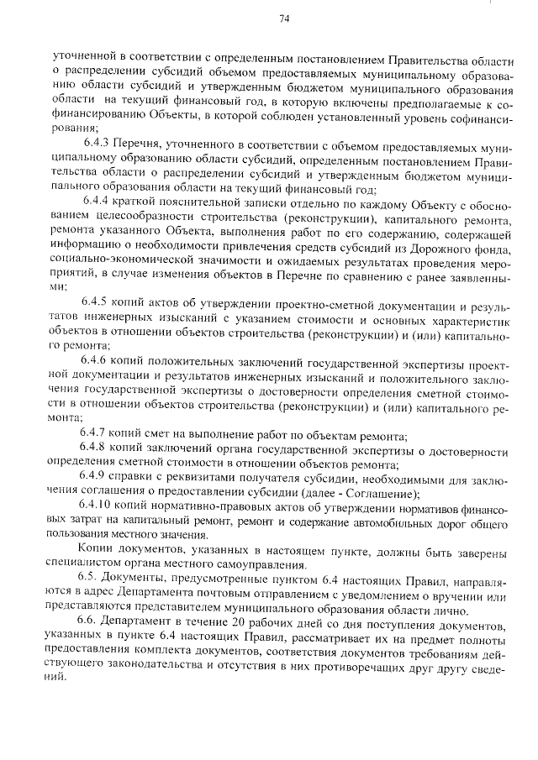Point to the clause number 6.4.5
pyautogui.click(x=99, y=299)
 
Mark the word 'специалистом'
pyautogui.click(x=90, y=566)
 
